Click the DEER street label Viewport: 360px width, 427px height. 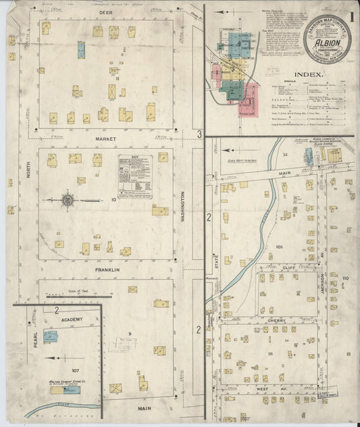105,13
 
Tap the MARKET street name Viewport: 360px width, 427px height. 105,139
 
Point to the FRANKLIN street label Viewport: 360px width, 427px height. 107,270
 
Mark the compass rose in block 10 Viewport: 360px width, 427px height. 68,199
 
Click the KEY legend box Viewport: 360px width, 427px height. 135,176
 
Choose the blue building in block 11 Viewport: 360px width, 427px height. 81,49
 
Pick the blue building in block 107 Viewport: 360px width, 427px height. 51,336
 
